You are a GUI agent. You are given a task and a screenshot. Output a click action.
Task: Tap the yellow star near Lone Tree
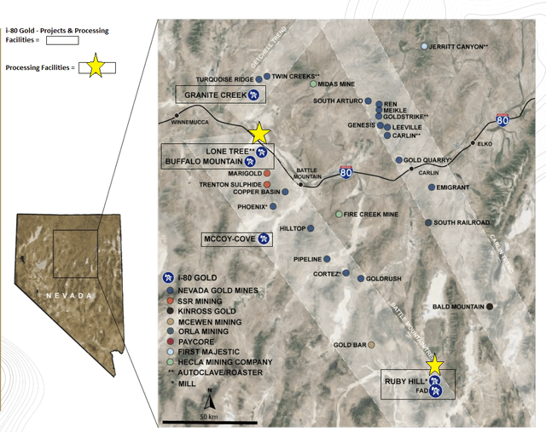(260, 133)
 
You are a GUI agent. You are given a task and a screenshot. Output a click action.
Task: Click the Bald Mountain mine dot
(489, 306)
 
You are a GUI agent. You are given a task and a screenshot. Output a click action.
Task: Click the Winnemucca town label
(189, 122)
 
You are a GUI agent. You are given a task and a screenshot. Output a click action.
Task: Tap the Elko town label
(485, 144)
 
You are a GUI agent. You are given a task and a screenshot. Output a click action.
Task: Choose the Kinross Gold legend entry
(210, 313)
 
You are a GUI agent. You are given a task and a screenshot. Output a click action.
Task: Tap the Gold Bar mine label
(350, 345)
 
